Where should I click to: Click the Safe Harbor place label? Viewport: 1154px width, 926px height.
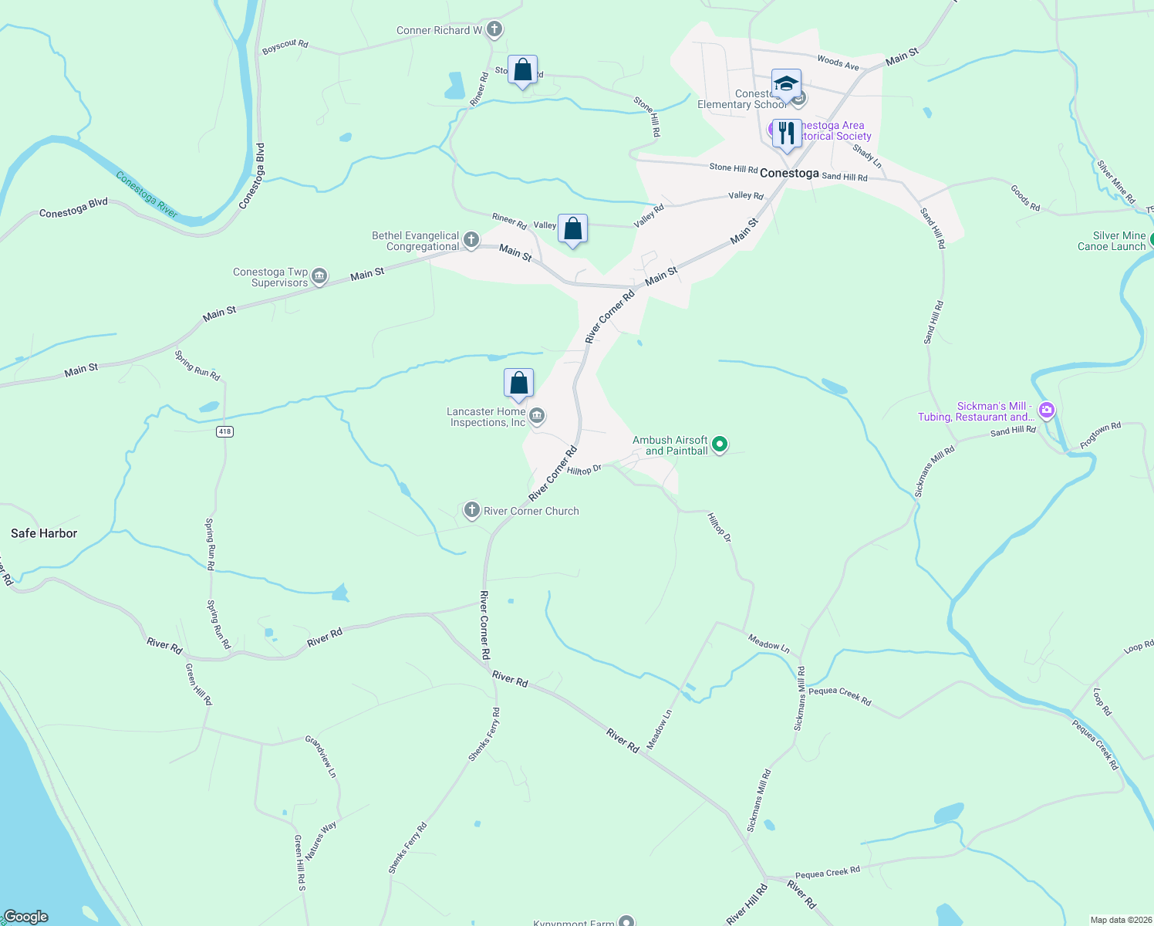[x=44, y=533]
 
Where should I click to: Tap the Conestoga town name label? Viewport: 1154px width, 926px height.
[x=789, y=174]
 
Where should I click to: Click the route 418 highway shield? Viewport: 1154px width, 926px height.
[x=224, y=431]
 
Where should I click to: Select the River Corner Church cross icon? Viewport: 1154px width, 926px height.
[x=471, y=510]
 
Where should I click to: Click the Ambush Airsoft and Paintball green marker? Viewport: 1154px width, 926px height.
[x=720, y=444]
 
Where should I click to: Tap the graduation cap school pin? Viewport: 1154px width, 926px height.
[x=786, y=84]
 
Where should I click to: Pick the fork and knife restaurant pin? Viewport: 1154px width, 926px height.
[x=786, y=133]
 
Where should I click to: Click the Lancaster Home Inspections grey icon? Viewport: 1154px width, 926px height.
[x=538, y=417]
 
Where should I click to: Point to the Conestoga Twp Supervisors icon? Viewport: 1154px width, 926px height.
[x=319, y=276]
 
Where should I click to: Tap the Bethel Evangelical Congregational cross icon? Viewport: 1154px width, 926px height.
[x=471, y=241]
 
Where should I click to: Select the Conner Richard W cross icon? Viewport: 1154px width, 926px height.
[x=494, y=30]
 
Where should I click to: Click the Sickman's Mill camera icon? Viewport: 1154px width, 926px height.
[x=1047, y=411]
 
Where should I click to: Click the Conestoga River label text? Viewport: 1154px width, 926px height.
[x=147, y=194]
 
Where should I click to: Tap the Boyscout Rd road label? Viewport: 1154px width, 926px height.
[x=285, y=46]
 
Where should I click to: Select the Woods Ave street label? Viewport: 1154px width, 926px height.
[x=838, y=63]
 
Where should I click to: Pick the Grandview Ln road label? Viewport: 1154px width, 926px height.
[x=321, y=756]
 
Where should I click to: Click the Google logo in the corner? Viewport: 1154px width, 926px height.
[x=25, y=917]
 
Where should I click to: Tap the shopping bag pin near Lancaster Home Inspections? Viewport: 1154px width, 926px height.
[x=519, y=384]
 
